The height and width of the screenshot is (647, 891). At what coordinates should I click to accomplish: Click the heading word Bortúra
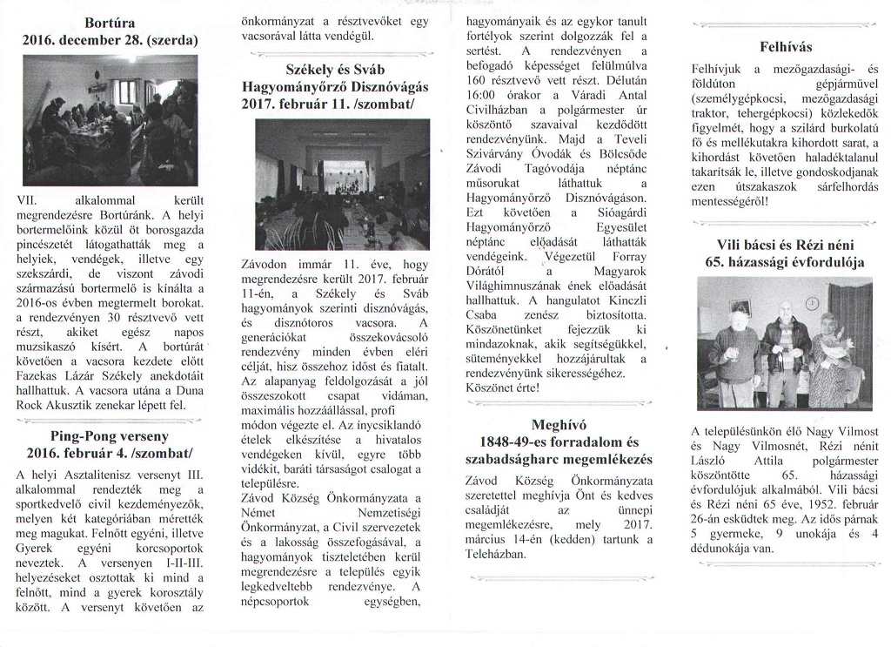point(109,22)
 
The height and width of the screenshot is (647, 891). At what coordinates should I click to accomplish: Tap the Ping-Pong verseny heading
point(109,435)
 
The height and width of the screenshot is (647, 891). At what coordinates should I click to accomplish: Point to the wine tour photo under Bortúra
point(109,120)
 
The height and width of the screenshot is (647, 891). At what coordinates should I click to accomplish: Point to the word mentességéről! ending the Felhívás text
point(731,202)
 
